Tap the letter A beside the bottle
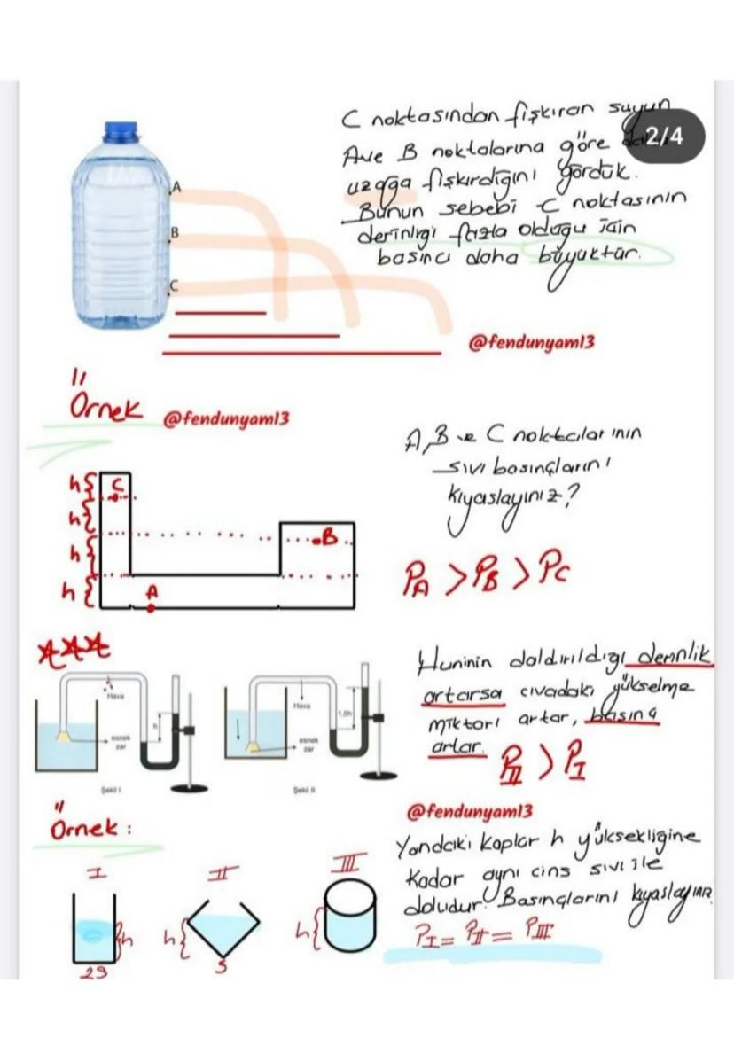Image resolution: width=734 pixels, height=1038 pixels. (176, 188)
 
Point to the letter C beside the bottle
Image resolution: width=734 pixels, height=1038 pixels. (175, 286)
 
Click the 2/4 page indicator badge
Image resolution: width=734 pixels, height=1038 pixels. (666, 137)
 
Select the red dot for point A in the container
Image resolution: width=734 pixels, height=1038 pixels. (151, 608)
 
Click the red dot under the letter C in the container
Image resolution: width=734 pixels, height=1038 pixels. (114, 498)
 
